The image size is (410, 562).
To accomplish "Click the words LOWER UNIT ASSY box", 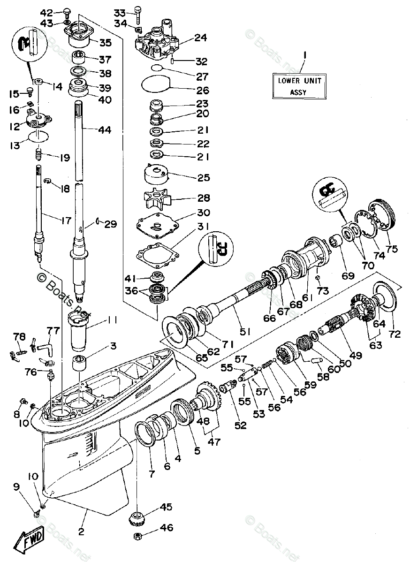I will [x=299, y=85].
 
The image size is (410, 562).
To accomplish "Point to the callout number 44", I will [x=105, y=130].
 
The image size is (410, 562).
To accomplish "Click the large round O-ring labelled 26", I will [x=156, y=85].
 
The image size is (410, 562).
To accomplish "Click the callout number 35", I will [x=105, y=43].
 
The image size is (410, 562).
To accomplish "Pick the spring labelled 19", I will [x=40, y=152].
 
